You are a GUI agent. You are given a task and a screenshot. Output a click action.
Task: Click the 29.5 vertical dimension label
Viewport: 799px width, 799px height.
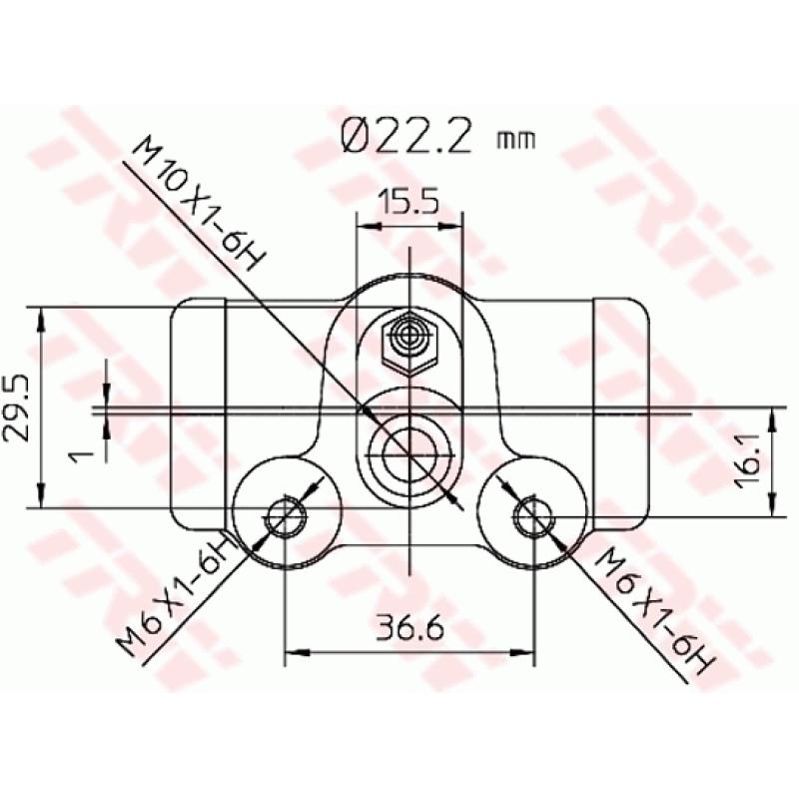17,408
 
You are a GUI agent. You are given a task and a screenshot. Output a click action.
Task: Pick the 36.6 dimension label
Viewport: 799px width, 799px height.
409,629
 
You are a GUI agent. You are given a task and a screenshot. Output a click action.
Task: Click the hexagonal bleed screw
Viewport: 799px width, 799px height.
409,343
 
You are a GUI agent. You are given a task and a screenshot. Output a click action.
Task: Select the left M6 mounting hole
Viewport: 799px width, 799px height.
286,516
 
